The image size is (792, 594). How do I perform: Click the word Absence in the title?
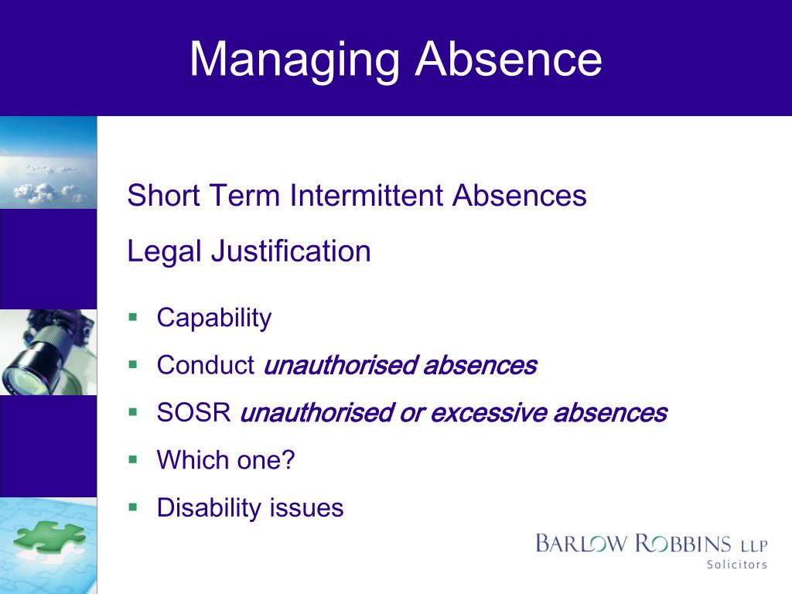[508, 59]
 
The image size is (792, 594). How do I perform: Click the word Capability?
[214, 318]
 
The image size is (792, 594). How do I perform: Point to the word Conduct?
[206, 365]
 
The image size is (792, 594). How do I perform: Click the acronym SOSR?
[194, 413]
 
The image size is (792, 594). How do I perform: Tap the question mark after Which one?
[288, 460]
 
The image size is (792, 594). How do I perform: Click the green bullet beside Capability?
[132, 317]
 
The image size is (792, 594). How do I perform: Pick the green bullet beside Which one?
[132, 459]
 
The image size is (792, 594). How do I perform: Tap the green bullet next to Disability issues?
[132, 507]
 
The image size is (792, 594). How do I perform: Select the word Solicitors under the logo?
[736, 565]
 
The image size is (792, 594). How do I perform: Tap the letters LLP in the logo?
[754, 544]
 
